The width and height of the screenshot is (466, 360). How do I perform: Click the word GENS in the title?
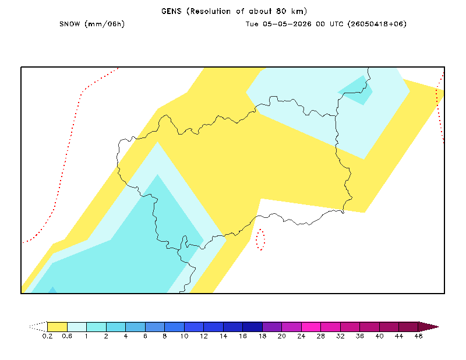171,11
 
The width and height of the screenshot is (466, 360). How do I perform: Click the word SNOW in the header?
69,24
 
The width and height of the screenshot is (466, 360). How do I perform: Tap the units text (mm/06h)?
105,24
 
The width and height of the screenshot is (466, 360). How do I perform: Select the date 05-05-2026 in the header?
287,24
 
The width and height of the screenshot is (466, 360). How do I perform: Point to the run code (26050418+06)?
377,24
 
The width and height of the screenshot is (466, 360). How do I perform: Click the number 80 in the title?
281,11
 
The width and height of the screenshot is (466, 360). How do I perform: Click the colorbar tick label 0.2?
48,336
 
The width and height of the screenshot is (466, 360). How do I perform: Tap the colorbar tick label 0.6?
67,336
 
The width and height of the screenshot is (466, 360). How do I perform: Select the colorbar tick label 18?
263,336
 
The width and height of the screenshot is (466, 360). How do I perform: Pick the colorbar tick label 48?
418,336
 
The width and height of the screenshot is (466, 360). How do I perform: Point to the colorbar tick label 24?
301,336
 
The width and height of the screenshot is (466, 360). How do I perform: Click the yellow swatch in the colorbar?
57,327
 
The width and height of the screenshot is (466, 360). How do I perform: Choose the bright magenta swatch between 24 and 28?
311,327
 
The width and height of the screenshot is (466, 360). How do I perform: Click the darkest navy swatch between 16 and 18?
253,327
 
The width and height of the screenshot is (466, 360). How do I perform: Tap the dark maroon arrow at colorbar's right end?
428,327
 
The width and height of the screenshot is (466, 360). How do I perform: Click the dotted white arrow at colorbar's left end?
38,327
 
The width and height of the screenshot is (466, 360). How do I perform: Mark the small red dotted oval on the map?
260,239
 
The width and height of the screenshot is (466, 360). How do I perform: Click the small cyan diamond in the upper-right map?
355,90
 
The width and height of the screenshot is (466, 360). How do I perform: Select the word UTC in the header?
337,24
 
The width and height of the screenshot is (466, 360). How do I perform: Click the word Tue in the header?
252,24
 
